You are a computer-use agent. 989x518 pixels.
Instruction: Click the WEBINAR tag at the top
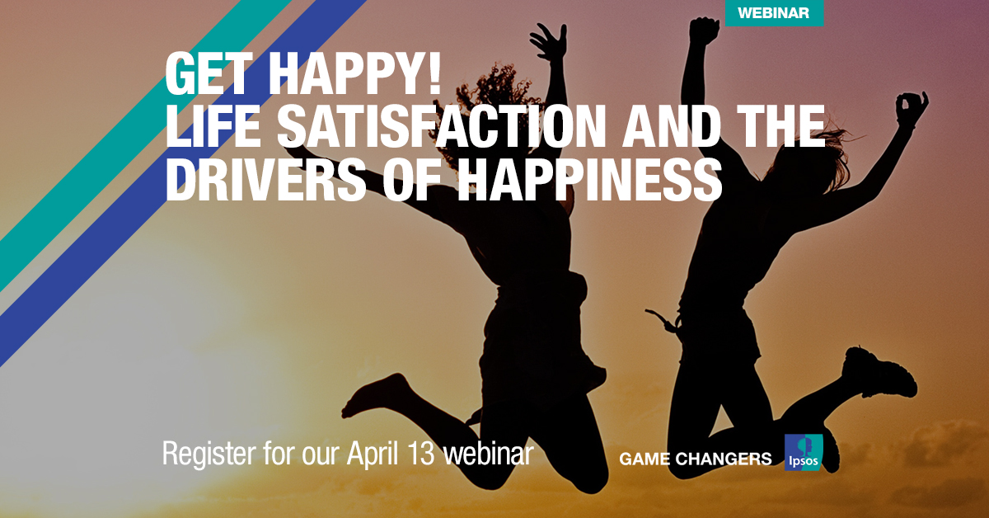point(773,12)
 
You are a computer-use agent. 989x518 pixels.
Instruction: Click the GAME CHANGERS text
point(695,459)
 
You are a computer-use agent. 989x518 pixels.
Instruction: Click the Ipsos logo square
point(804,453)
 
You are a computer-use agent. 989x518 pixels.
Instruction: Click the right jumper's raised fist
point(703,31)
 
